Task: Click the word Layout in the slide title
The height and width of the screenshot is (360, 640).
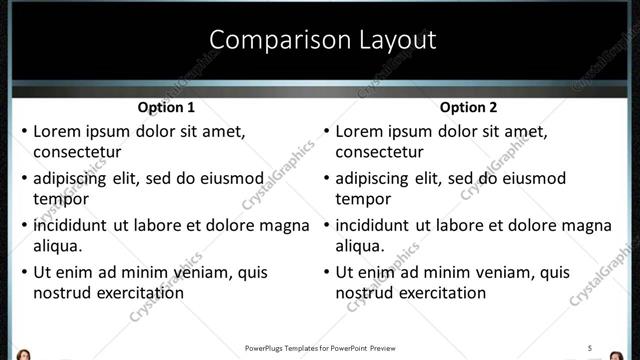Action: click(x=391, y=40)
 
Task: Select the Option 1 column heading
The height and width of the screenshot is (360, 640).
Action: click(x=166, y=107)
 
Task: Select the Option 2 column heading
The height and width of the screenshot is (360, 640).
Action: click(x=468, y=107)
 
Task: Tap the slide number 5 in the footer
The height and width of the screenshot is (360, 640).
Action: click(x=591, y=348)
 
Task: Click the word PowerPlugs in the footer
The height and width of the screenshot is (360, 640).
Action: click(x=266, y=348)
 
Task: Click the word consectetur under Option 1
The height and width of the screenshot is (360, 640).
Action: click(x=77, y=153)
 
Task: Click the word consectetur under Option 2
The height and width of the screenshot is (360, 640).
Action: click(x=379, y=153)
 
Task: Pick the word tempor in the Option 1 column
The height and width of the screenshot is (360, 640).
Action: click(x=60, y=199)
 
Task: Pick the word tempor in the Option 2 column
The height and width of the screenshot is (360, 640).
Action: click(x=362, y=199)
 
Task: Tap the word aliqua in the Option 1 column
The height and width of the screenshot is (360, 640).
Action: click(x=57, y=246)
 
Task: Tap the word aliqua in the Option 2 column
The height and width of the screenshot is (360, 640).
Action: click(x=359, y=246)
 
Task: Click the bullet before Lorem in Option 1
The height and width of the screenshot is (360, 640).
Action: click(x=24, y=132)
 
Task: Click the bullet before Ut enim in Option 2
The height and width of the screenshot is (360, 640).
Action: click(x=326, y=272)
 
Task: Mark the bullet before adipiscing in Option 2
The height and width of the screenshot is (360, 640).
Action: click(x=326, y=179)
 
